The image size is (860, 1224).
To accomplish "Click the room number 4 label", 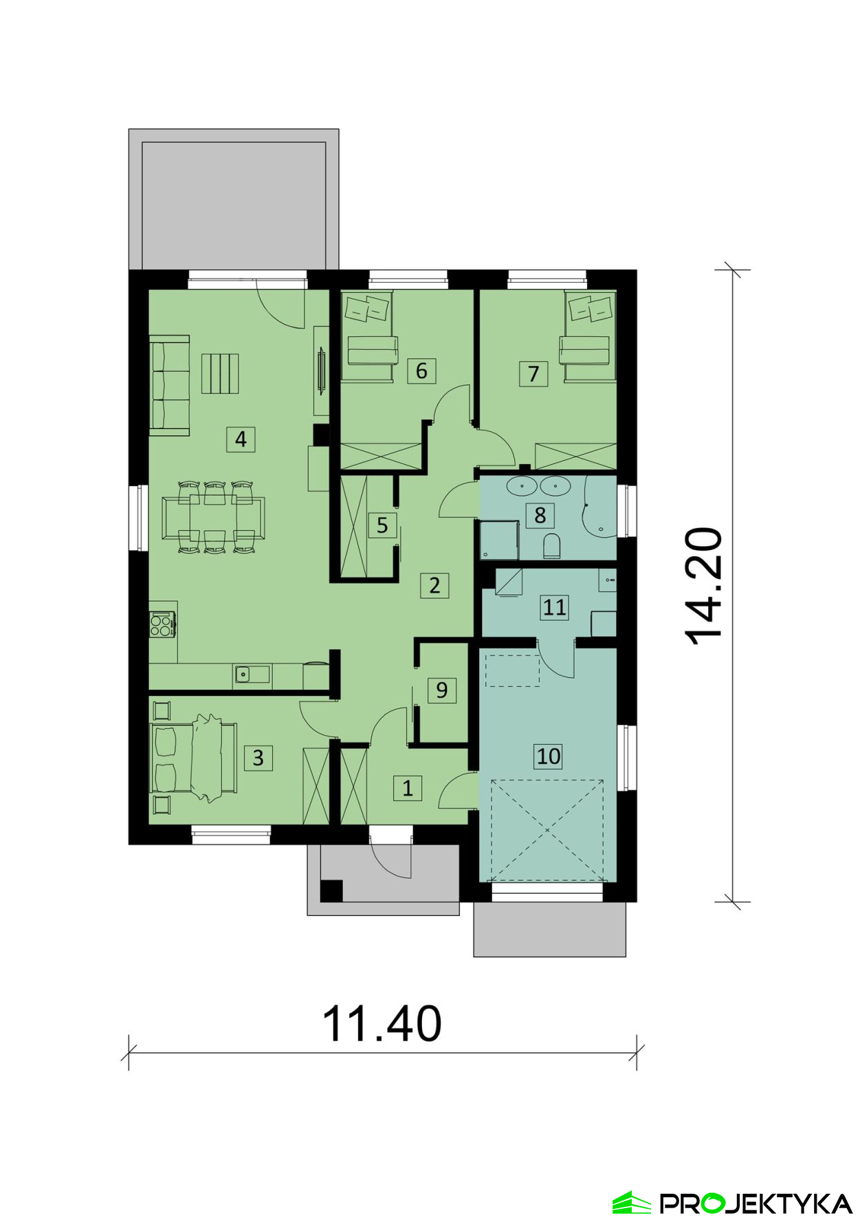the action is coord(241,439).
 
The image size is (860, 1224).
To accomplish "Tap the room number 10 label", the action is coord(548,756).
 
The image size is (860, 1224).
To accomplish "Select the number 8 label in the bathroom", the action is coord(540,514).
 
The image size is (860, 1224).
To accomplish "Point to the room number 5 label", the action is coord(382,525).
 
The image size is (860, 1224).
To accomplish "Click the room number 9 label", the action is coord(441,690).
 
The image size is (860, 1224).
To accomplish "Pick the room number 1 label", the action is coord(408,787).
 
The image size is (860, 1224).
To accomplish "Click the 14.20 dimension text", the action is coord(705,586).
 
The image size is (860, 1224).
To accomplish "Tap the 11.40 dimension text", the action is coord(382,1024).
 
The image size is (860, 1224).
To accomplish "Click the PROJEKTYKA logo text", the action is coord(756,1203).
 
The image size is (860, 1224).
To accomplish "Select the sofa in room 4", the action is coord(169,386).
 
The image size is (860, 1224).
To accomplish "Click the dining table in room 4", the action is coord(213,517).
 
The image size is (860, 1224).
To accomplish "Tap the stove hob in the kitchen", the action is coord(162,624).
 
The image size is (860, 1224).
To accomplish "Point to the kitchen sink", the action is coord(243,674).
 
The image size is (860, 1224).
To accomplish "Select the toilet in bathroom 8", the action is coord(552,547).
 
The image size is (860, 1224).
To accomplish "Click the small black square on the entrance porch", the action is coord(331,890).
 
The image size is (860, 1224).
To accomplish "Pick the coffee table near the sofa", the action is coord(220,373).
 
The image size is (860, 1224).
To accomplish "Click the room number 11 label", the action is coord(554,607).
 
